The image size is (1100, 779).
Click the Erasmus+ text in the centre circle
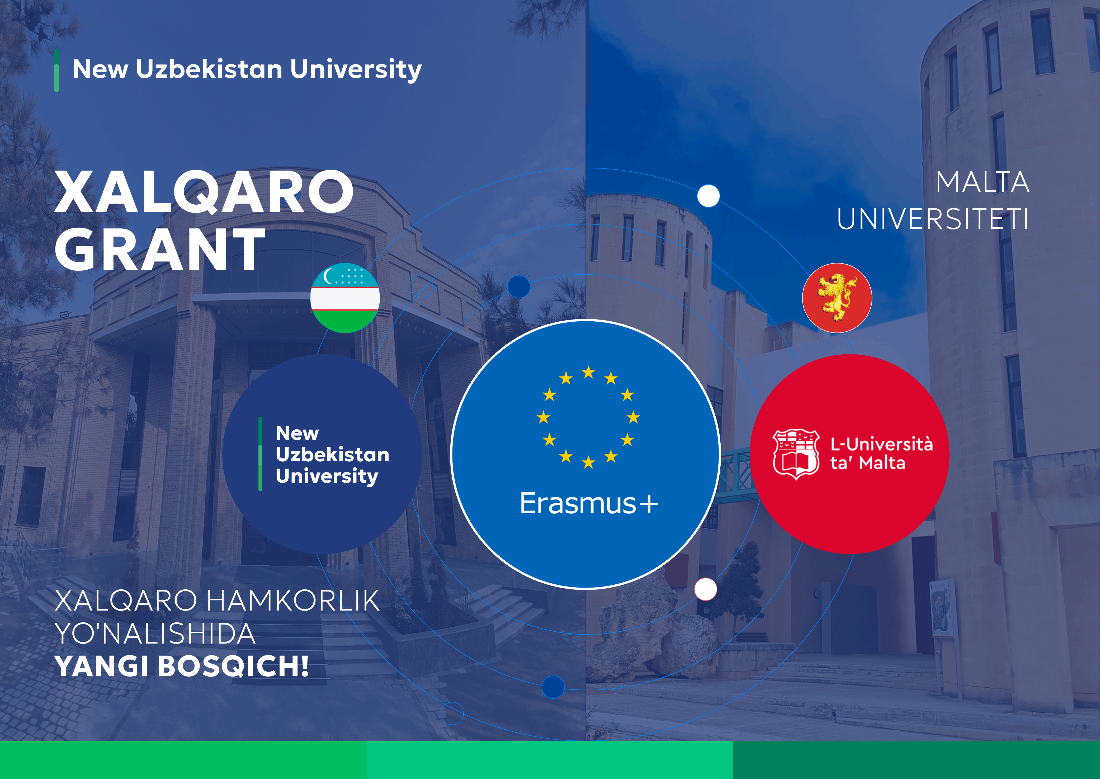click(589, 503)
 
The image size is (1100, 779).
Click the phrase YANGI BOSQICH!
click(182, 666)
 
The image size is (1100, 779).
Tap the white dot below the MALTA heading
click(708, 196)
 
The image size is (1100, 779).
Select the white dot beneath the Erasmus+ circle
click(705, 589)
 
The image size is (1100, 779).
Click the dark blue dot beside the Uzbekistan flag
click(518, 286)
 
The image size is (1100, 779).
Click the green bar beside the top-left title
click(56, 71)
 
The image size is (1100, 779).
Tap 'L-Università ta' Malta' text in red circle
click(881, 453)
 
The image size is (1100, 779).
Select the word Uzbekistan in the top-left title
click(209, 69)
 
